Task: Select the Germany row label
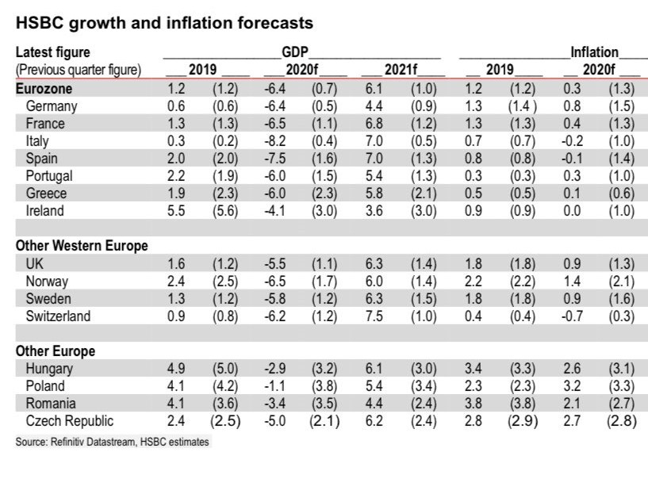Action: pos(52,106)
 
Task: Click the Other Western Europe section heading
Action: pos(82,246)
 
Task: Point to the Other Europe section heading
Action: pos(56,350)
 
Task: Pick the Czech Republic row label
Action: pos(70,420)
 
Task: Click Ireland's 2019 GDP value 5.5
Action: pos(176,211)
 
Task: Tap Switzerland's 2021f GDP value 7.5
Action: pos(373,316)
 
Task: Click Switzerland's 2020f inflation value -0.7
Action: pos(571,316)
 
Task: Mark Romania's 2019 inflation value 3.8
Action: pos(473,403)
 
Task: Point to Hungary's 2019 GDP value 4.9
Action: pos(176,368)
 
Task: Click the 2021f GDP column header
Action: pos(399,70)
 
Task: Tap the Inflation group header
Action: pos(594,53)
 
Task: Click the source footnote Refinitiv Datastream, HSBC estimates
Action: pos(113,442)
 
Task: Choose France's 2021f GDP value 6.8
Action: pos(373,124)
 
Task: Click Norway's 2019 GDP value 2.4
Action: pos(176,281)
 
